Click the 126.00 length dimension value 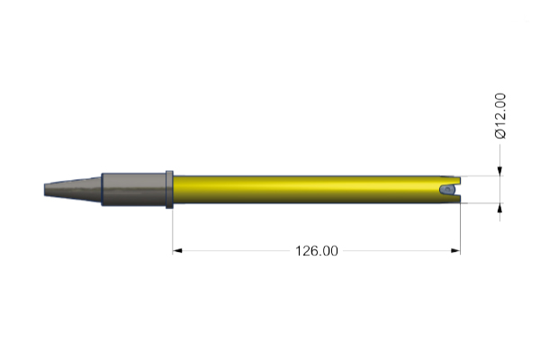coord(317,251)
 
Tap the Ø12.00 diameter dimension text coord(500,116)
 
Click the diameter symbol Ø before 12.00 coord(500,134)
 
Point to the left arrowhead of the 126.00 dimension coord(177,251)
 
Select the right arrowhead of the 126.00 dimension coord(455,251)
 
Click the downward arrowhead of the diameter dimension coord(500,171)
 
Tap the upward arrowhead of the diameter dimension coord(500,207)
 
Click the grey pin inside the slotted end coord(446,190)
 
